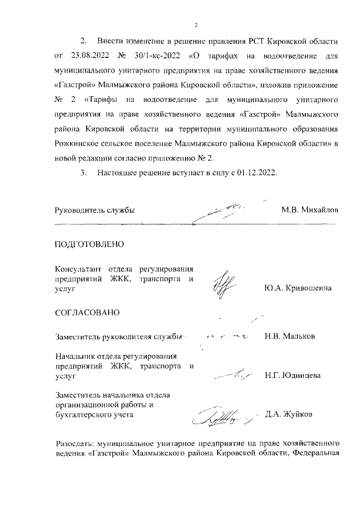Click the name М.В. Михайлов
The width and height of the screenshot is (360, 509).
click(310, 210)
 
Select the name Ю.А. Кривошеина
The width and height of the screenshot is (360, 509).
click(298, 288)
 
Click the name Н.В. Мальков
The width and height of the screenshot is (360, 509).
click(290, 337)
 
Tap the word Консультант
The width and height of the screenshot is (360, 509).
click(78, 268)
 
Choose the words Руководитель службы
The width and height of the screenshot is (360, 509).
click(94, 210)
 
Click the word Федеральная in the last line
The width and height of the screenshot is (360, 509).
click(316, 453)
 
